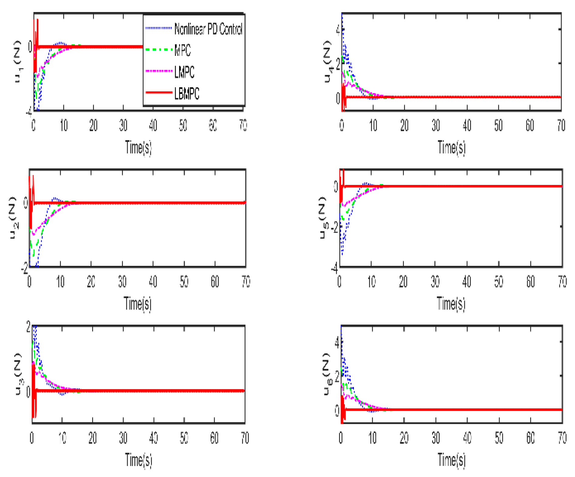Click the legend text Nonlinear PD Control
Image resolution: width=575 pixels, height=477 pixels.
[208, 29]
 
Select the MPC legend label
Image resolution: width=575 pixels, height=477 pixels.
[182, 50]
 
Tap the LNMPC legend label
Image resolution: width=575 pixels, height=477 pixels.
[184, 72]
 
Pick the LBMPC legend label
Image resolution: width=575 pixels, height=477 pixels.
[187, 93]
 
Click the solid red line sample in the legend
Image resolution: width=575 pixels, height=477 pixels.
[159, 92]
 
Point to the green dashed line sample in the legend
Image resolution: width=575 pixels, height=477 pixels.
[159, 49]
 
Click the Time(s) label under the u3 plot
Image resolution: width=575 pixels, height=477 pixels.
[138, 460]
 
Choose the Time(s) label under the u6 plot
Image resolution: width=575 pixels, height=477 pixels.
[451, 460]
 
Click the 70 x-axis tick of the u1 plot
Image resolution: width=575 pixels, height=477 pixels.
[243, 125]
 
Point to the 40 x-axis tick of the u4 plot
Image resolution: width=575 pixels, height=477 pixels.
[467, 125]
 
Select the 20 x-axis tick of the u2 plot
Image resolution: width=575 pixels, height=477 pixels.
[91, 282]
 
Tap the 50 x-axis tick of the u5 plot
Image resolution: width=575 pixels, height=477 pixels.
[499, 282]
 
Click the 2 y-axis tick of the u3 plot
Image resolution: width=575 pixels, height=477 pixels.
[29, 327]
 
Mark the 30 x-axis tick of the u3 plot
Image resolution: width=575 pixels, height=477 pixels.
[123, 438]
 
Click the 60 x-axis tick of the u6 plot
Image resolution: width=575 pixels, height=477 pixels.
[531, 438]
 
